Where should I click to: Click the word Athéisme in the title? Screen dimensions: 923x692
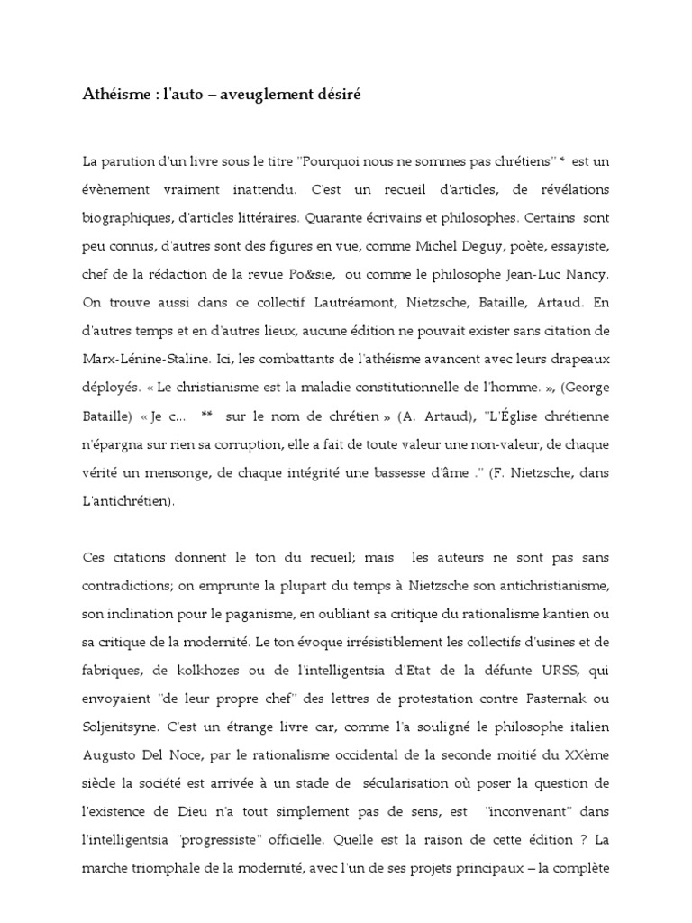tap(113, 94)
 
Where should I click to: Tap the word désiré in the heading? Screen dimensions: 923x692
tap(334, 94)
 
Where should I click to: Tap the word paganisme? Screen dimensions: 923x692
tap(247, 616)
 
